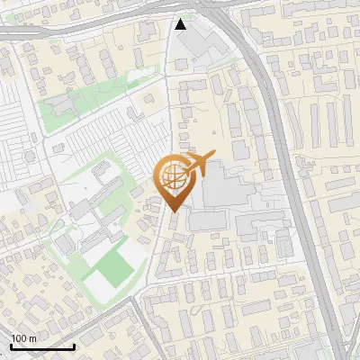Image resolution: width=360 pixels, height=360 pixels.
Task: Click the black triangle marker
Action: pos(182,24)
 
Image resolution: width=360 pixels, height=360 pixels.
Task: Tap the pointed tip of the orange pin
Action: pos(172,211)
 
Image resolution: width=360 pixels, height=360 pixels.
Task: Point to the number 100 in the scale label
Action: pos(19,338)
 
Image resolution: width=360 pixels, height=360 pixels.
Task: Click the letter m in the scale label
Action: pos(32,338)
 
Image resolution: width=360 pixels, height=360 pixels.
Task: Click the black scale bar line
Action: pos(42,346)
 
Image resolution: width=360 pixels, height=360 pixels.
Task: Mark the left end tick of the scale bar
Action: pos(11,345)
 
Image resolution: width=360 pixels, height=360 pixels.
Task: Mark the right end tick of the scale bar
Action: pos(74,345)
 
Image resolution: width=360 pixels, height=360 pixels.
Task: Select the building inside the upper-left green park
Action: pos(61,104)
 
